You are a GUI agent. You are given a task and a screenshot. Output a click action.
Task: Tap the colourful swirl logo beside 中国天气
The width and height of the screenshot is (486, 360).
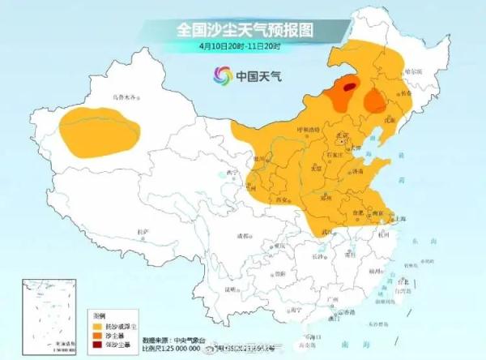(222, 75)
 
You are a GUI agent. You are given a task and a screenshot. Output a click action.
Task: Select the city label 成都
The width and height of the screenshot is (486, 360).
(243, 236)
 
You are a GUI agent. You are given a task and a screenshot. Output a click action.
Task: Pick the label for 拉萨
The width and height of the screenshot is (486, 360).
(143, 232)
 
